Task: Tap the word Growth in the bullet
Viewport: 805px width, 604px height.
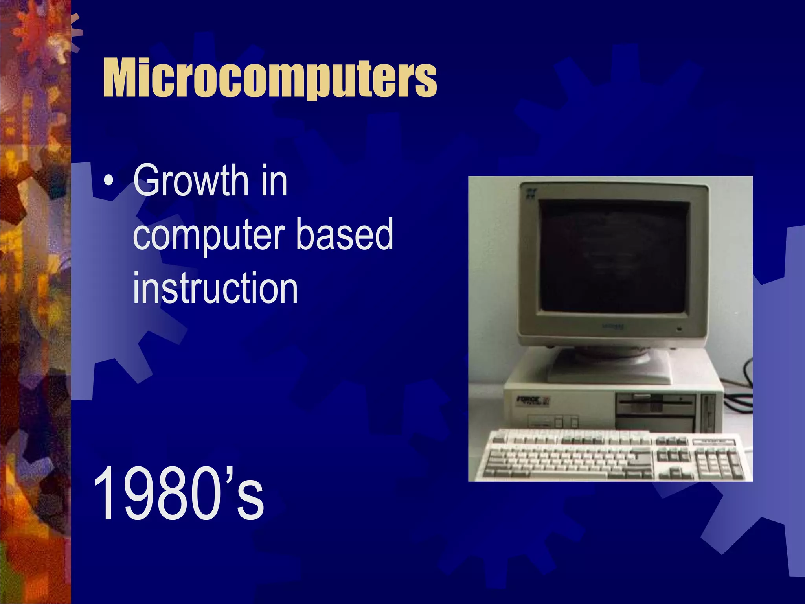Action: tap(190, 180)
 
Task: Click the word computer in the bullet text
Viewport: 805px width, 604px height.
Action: tap(209, 235)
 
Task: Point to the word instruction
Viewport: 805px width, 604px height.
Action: tap(215, 288)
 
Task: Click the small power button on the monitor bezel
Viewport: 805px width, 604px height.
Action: tap(679, 329)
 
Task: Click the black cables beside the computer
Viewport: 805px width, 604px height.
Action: tap(739, 397)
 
